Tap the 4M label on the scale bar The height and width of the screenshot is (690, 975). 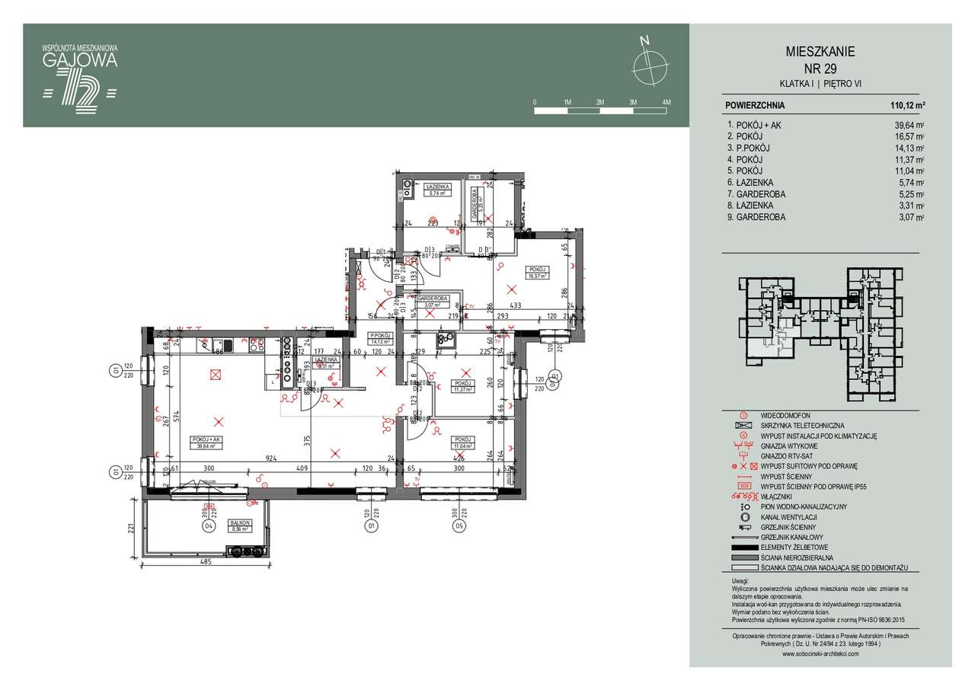[666, 101]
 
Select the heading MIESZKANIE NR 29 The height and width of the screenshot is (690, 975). [820, 59]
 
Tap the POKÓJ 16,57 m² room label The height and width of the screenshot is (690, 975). [538, 273]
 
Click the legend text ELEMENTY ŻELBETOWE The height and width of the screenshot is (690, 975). [795, 548]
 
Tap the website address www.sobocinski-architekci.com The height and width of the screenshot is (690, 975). [820, 653]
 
